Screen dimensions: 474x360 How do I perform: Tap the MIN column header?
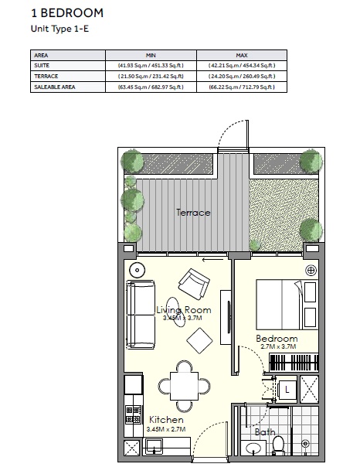pyautogui.click(x=151, y=55)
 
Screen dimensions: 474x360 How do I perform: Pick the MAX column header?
pyautogui.click(x=241, y=55)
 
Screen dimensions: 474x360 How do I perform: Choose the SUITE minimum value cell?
pyautogui.click(x=151, y=66)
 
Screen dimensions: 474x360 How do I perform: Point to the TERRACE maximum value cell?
pyautogui.click(x=241, y=77)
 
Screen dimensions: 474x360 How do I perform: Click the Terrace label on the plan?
pyautogui.click(x=192, y=213)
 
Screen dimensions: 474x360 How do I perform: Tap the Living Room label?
pyautogui.click(x=183, y=310)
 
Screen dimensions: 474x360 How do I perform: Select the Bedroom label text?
pyautogui.click(x=277, y=339)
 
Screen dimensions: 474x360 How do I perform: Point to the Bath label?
pyautogui.click(x=265, y=432)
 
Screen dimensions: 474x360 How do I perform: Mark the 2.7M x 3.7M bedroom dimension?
pyautogui.click(x=277, y=348)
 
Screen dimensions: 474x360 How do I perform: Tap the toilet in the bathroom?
pyautogui.click(x=278, y=445)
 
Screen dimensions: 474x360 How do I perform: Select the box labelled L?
pyautogui.click(x=286, y=388)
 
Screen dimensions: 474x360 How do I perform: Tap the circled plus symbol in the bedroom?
pyautogui.click(x=311, y=270)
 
